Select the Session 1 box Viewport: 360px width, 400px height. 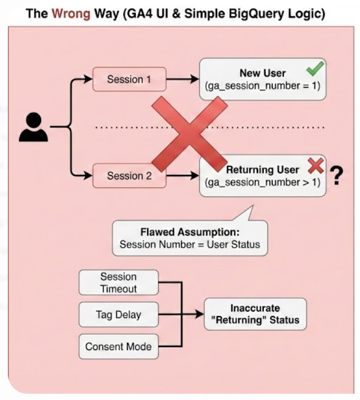point(129,79)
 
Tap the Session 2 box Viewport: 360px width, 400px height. point(129,176)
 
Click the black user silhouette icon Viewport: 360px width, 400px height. point(33,127)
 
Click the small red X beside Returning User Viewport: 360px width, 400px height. point(316,165)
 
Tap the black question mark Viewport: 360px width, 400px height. point(337,176)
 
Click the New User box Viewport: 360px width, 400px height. point(263,79)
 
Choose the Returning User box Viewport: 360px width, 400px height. point(263,176)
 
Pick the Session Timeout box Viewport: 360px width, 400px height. point(118,282)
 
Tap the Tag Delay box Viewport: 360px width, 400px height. point(118,314)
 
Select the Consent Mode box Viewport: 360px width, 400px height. point(118,347)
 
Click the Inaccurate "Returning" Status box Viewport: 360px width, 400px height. point(255,314)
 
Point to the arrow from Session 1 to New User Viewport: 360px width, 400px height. point(182,79)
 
